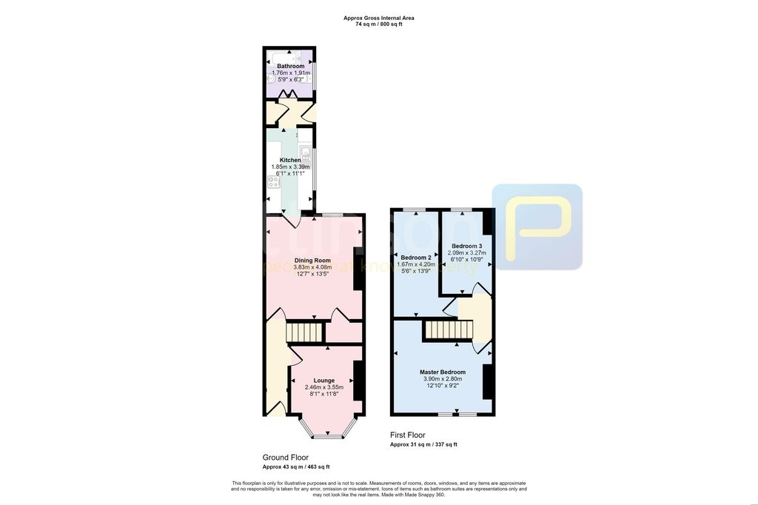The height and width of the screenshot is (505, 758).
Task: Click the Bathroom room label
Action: [290, 66]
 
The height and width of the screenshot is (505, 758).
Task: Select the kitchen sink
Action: [304, 153]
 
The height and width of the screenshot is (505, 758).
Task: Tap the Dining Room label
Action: [312, 261]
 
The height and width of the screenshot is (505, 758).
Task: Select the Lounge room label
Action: [323, 381]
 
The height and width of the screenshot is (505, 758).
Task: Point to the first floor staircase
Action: [447, 330]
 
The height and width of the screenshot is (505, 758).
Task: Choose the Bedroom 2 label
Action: [415, 258]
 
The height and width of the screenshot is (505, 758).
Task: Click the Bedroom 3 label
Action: [467, 246]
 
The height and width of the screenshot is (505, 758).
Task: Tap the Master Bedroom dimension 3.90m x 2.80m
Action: [442, 378]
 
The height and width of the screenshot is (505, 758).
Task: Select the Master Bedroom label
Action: [442, 372]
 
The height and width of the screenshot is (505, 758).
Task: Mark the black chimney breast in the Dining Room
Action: [358, 268]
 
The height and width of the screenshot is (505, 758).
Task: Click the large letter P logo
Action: [538, 227]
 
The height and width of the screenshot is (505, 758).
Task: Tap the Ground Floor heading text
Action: [285, 458]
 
